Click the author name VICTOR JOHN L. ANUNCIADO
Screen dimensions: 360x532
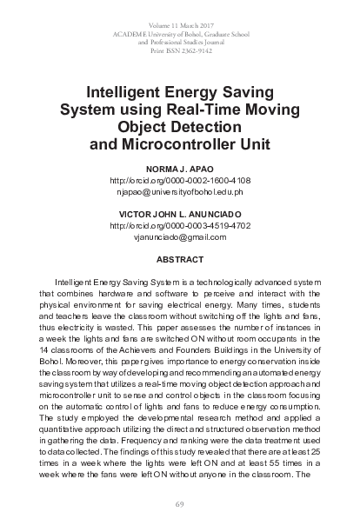click(x=180, y=213)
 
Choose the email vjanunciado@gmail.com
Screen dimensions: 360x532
click(x=180, y=236)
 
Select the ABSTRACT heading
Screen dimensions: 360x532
click(x=179, y=259)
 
